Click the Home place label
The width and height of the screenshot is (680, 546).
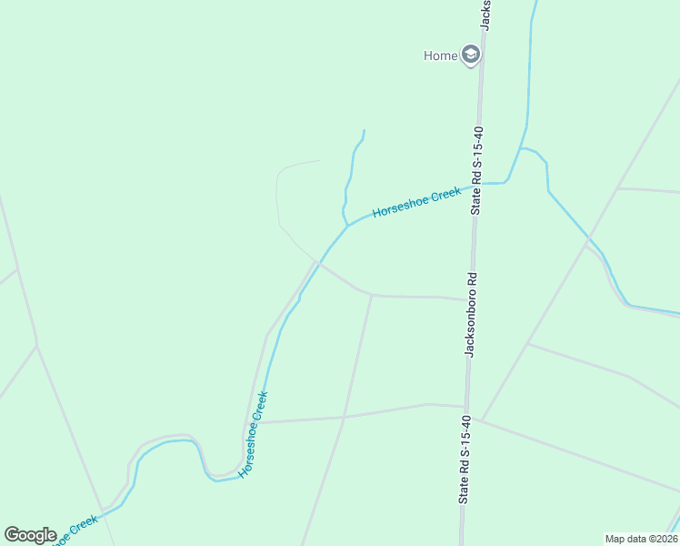tap(440, 56)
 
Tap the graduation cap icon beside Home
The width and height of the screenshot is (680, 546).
tap(470, 56)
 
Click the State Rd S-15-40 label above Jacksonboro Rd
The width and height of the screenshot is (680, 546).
tap(475, 170)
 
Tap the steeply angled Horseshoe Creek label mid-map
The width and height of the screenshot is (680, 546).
tap(255, 435)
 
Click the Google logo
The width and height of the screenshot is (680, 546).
tap(30, 535)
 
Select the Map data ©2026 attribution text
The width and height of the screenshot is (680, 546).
tap(640, 539)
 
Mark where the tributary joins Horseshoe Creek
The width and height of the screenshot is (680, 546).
tap(347, 226)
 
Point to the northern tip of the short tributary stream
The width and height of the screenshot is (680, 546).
tap(364, 130)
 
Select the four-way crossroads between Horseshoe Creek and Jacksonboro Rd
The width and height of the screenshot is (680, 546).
tap(344, 418)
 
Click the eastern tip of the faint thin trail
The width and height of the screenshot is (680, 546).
tap(320, 161)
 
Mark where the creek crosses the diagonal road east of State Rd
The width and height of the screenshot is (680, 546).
tap(589, 238)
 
